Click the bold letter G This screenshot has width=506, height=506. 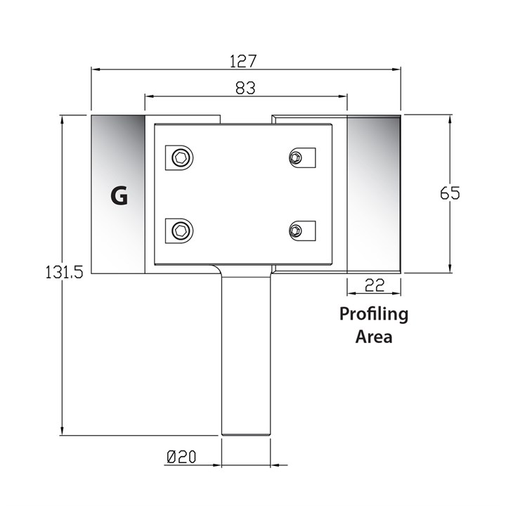(119, 196)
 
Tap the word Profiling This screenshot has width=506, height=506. (374, 313)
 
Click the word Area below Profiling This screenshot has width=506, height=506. (373, 337)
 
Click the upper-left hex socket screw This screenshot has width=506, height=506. (181, 158)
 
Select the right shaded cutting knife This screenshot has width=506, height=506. (374, 194)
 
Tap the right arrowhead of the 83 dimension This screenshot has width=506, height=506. (344, 96)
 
